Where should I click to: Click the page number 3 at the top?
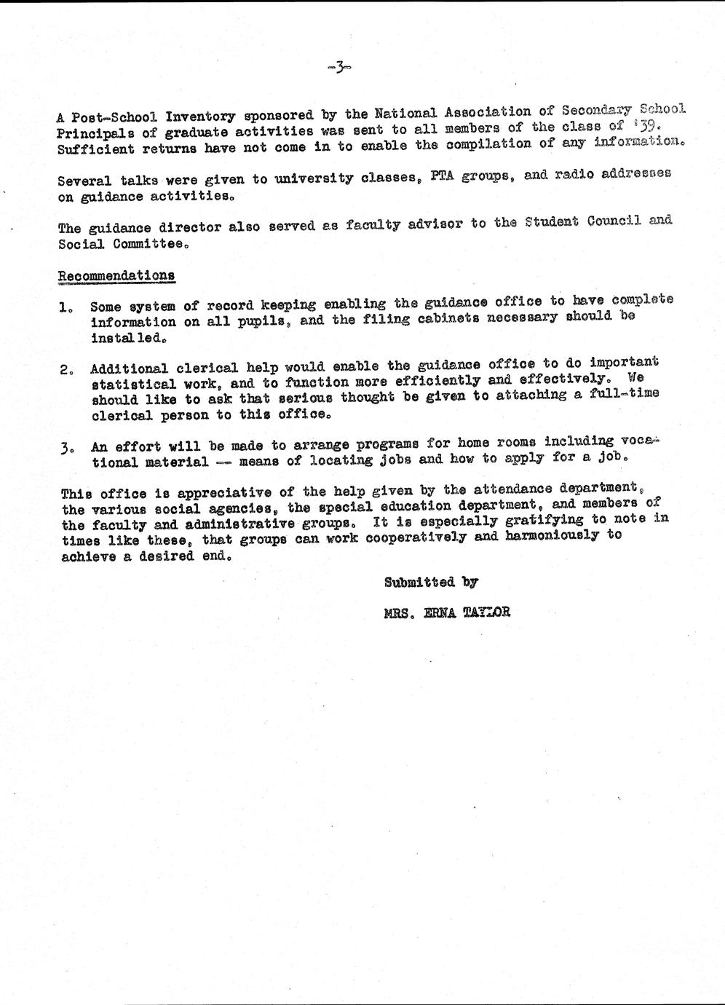[x=339, y=68]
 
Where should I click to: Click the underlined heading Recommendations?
[x=116, y=275]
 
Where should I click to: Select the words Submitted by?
[x=431, y=582]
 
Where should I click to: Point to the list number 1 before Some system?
[x=65, y=307]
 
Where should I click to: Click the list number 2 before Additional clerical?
[x=65, y=369]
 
